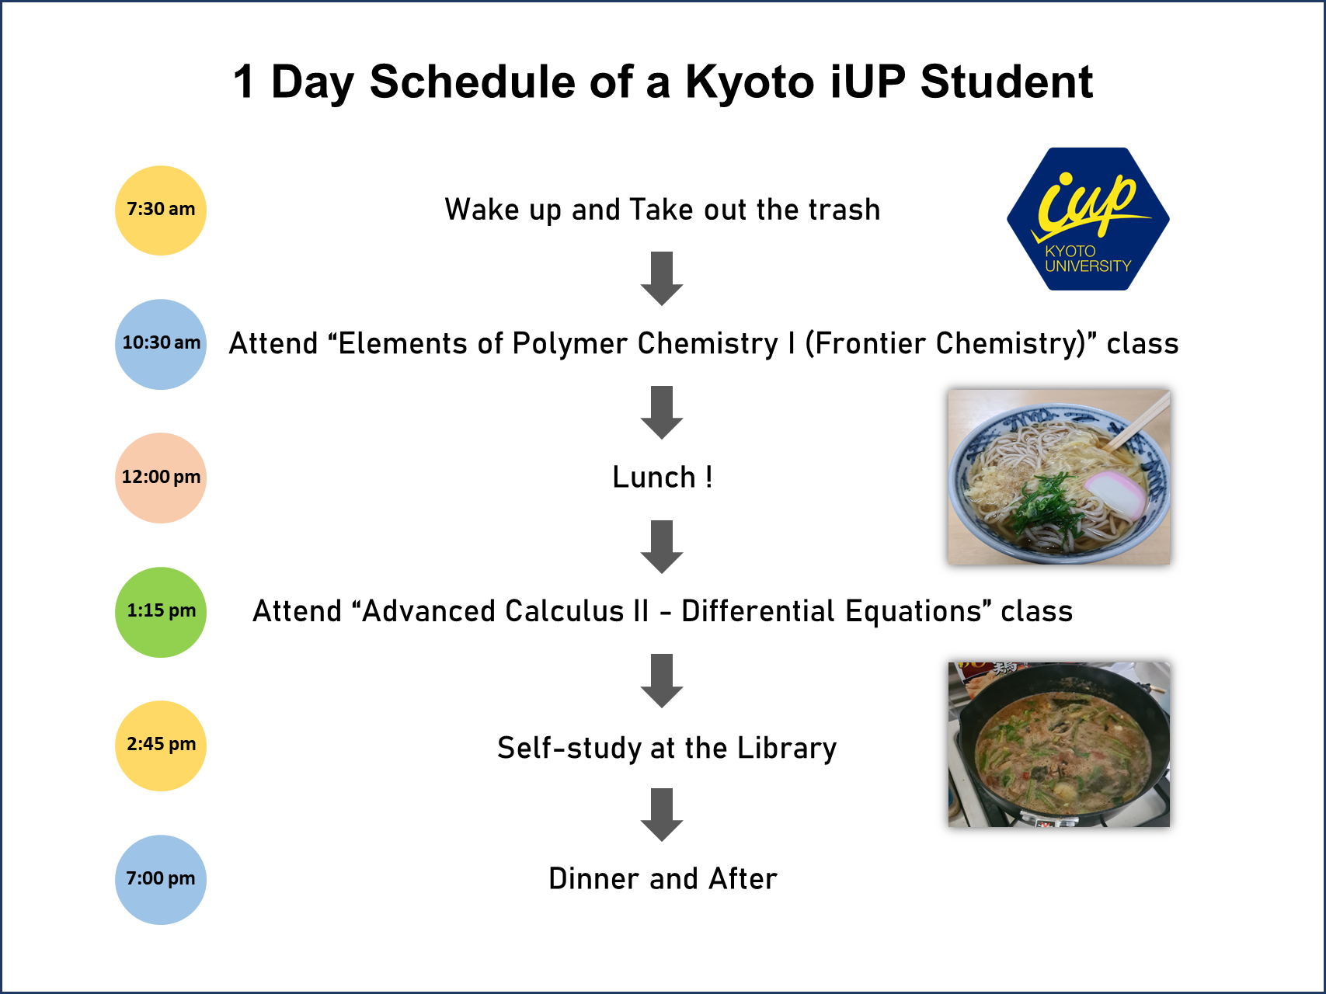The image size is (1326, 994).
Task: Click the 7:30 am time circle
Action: coord(161,210)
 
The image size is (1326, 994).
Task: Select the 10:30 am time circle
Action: coord(161,344)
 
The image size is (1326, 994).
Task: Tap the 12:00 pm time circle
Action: coord(161,478)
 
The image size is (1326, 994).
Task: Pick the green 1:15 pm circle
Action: coord(161,612)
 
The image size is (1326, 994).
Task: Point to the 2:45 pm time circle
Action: coord(161,745)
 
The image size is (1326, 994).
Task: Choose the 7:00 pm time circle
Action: coord(161,880)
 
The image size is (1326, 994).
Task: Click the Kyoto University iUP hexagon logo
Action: coord(1088,219)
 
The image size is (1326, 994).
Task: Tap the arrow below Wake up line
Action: coord(662,278)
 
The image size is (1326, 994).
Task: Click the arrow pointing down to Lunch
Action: coord(662,412)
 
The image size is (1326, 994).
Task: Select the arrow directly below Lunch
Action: coord(662,547)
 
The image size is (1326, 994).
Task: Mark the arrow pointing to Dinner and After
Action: coord(662,815)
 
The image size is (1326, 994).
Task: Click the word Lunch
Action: coord(654,477)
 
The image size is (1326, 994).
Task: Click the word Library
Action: coord(787,748)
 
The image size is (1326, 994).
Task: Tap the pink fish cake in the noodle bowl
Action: coord(1115,494)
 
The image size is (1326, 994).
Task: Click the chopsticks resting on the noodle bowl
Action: coord(1137,422)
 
